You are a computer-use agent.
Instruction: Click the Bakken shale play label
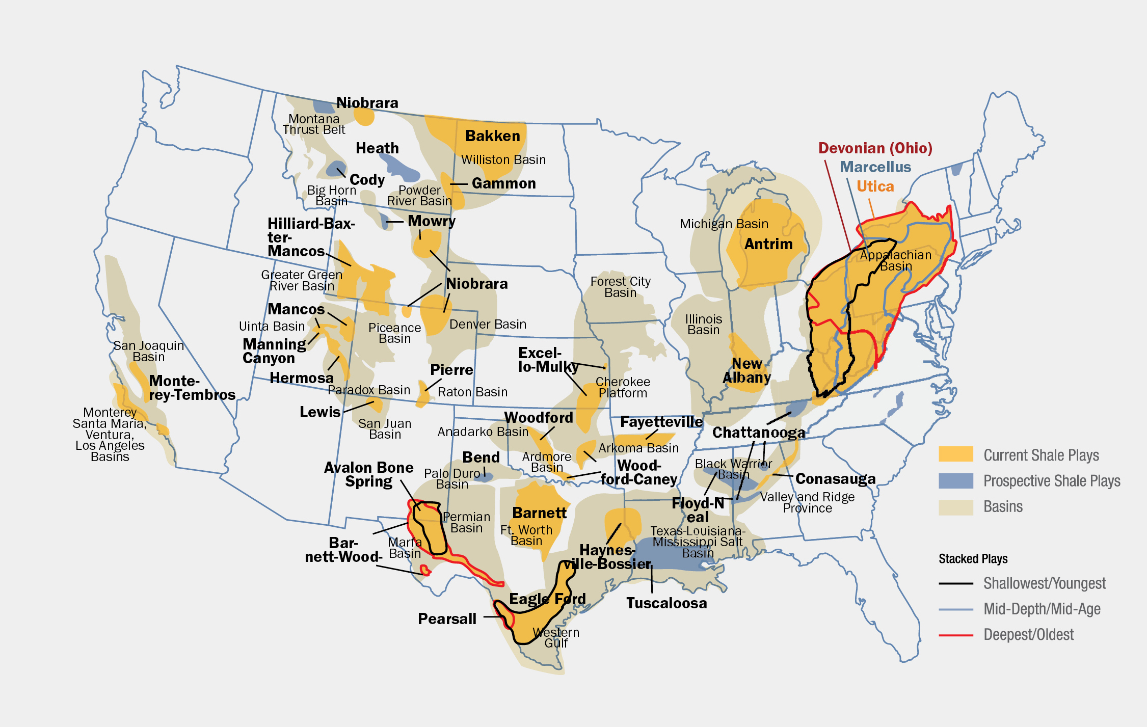[x=492, y=136]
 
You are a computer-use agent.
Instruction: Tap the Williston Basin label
[x=503, y=160]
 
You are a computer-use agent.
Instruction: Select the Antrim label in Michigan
[x=768, y=244]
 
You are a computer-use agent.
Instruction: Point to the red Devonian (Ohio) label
[x=875, y=148]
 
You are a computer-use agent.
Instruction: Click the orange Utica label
[x=875, y=186]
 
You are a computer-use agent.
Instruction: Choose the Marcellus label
[x=875, y=167]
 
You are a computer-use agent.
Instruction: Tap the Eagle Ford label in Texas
[x=547, y=599]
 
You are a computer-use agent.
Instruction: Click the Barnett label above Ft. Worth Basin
[x=539, y=513]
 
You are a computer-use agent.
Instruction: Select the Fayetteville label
[x=661, y=422]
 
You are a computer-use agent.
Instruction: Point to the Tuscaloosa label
[x=666, y=603]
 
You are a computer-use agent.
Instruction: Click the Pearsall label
[x=447, y=618]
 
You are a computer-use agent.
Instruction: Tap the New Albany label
[x=746, y=370]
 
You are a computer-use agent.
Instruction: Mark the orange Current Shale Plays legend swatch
[x=955, y=454]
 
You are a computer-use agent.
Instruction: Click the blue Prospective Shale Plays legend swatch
[x=955, y=480]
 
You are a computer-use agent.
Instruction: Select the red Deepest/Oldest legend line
[x=955, y=635]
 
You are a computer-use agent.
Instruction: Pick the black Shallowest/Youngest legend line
[x=955, y=583]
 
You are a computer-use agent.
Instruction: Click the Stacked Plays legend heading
[x=973, y=559]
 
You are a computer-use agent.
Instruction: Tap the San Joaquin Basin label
[x=148, y=351]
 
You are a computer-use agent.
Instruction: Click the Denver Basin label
[x=488, y=325]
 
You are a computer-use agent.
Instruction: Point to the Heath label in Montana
[x=377, y=148]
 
